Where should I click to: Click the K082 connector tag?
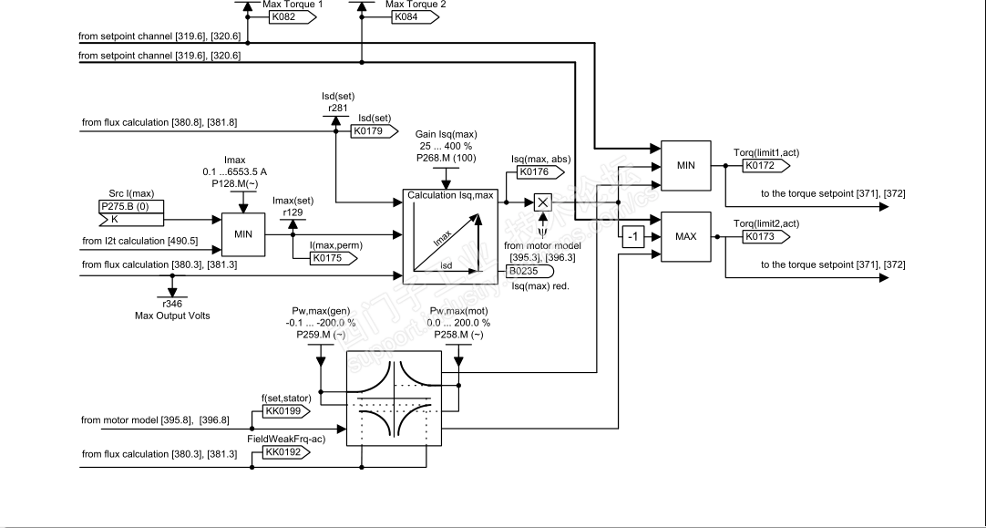(264, 16)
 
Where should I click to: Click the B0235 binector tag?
(526, 270)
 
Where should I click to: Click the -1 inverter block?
(632, 237)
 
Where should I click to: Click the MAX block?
(685, 236)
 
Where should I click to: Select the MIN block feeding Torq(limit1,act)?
(685, 165)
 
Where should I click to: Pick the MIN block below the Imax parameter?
(243, 233)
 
